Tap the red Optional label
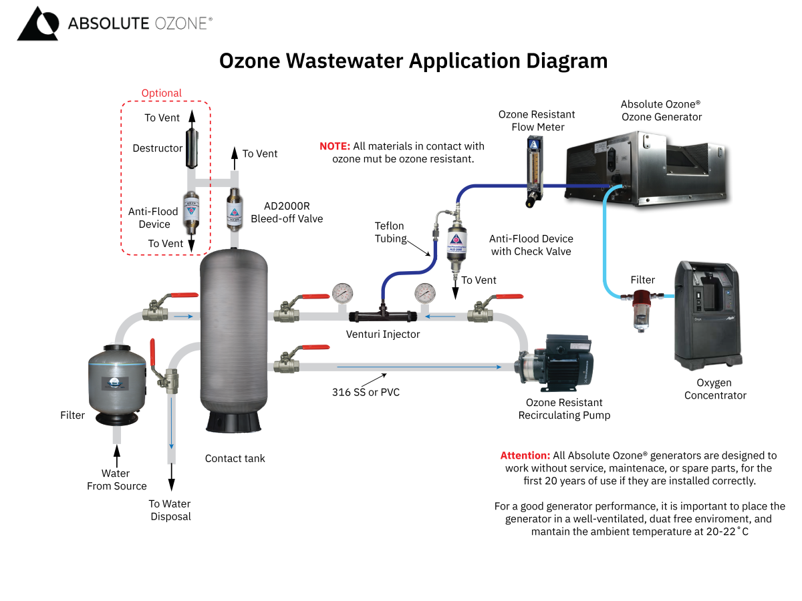tap(161, 93)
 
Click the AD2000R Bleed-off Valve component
tap(234, 208)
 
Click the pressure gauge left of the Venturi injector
tap(343, 292)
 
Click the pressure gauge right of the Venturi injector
tap(424, 292)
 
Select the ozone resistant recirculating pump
tap(557, 364)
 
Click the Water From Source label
tap(116, 479)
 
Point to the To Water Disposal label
tap(170, 510)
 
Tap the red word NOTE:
tap(334, 146)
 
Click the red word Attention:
tap(525, 455)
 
